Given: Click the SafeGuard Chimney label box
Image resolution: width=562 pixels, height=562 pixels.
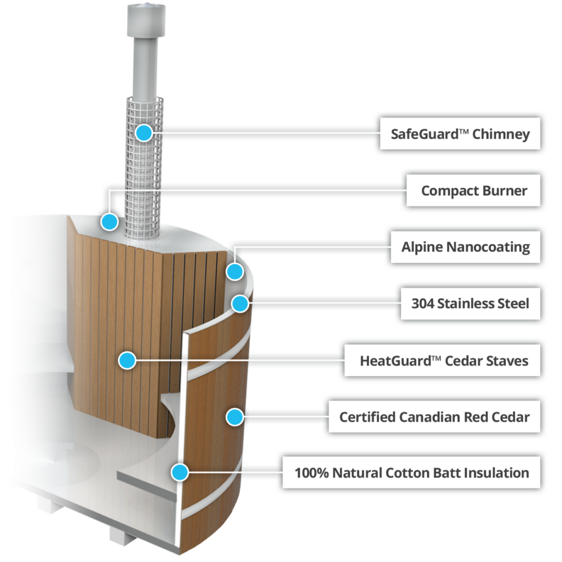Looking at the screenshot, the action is pyautogui.click(x=460, y=133).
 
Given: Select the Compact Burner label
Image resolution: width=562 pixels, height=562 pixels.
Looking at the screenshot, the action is pyautogui.click(x=473, y=191).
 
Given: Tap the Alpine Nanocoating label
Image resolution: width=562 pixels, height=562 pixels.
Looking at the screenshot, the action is pyautogui.click(x=465, y=247).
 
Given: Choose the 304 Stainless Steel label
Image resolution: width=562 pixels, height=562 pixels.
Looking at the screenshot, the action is pyautogui.click(x=470, y=303).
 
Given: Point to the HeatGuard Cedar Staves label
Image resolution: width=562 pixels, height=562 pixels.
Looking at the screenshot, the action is pyautogui.click(x=442, y=360).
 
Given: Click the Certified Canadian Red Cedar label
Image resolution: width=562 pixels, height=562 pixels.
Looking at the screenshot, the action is pyautogui.click(x=435, y=416).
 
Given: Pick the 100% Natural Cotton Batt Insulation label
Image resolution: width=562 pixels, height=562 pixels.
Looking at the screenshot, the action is pyautogui.click(x=411, y=473).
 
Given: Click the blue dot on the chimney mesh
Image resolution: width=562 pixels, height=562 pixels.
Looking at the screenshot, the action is pyautogui.click(x=144, y=133).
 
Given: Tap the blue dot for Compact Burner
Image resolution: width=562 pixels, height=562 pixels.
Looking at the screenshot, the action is pyautogui.click(x=109, y=221).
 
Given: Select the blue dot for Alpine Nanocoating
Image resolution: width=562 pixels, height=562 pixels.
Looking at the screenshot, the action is pyautogui.click(x=235, y=271).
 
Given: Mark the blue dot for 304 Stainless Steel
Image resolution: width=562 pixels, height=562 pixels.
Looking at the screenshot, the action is pyautogui.click(x=240, y=303).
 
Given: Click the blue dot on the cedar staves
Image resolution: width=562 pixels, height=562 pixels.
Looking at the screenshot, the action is pyautogui.click(x=127, y=360).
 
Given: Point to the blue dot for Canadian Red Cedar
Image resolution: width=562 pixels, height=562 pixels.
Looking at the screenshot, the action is pyautogui.click(x=235, y=416).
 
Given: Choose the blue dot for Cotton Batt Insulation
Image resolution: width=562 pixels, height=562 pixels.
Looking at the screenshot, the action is pyautogui.click(x=179, y=472).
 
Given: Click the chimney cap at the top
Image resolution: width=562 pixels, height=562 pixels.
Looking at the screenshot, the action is pyautogui.click(x=147, y=20).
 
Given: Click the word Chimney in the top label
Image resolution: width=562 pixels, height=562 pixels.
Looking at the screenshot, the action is pyautogui.click(x=500, y=134).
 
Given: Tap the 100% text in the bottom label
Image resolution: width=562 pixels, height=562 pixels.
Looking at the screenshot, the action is pyautogui.click(x=311, y=473).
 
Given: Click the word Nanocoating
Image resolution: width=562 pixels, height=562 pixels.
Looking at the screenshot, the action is pyautogui.click(x=488, y=247).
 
